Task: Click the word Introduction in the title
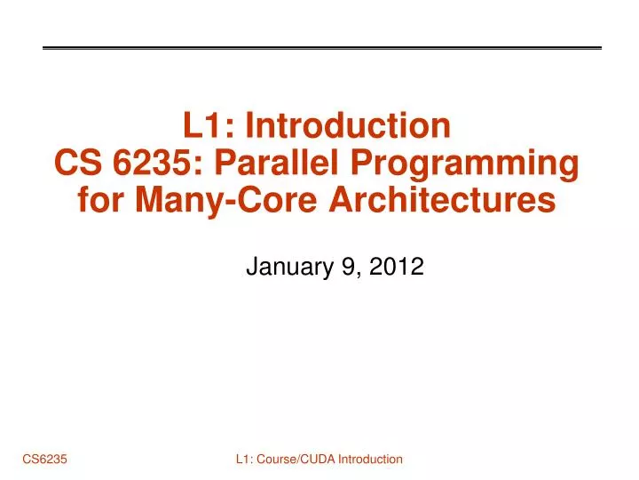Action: pos(349,126)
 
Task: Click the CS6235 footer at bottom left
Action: pos(46,459)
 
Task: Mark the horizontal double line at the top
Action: pos(322,47)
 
